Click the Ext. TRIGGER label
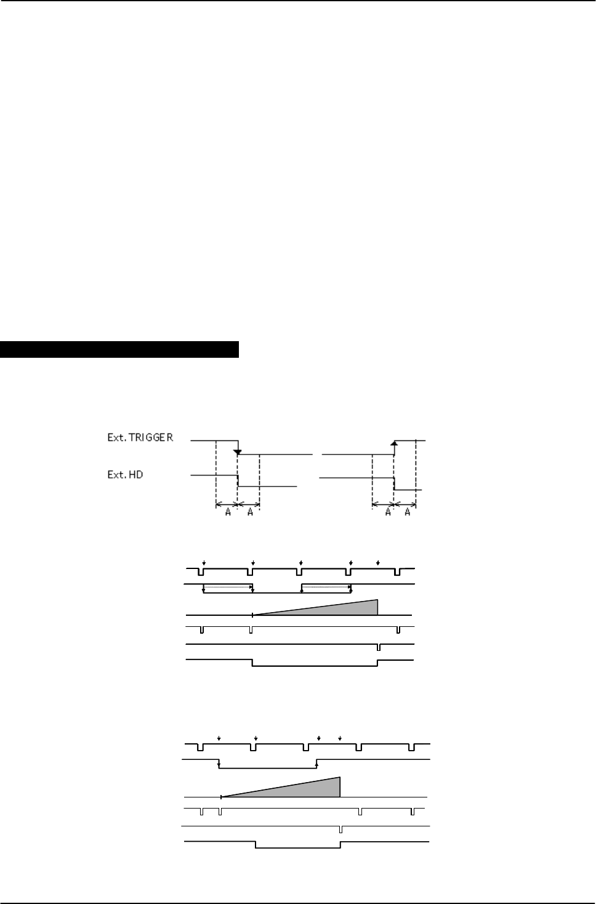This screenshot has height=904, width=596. point(140,437)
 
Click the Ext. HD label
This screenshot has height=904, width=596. point(125,475)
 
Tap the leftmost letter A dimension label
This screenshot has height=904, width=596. point(228,512)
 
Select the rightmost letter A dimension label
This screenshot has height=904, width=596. point(408,512)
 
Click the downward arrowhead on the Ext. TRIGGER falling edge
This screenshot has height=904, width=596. point(238,451)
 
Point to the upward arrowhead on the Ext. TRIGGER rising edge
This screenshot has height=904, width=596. point(394,443)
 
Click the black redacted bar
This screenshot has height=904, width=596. point(119,349)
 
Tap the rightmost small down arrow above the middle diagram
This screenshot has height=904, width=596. point(377,563)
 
